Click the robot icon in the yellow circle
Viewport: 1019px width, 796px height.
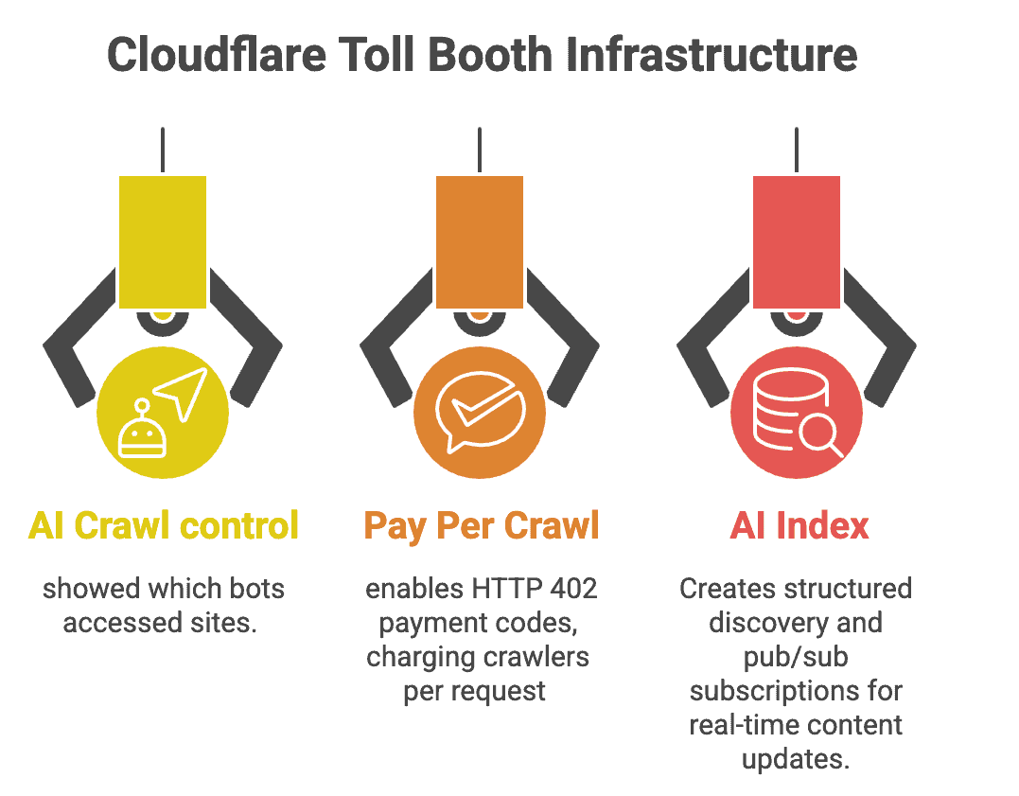143,431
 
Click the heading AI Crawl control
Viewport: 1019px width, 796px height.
164,525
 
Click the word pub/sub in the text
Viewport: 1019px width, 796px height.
796,657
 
